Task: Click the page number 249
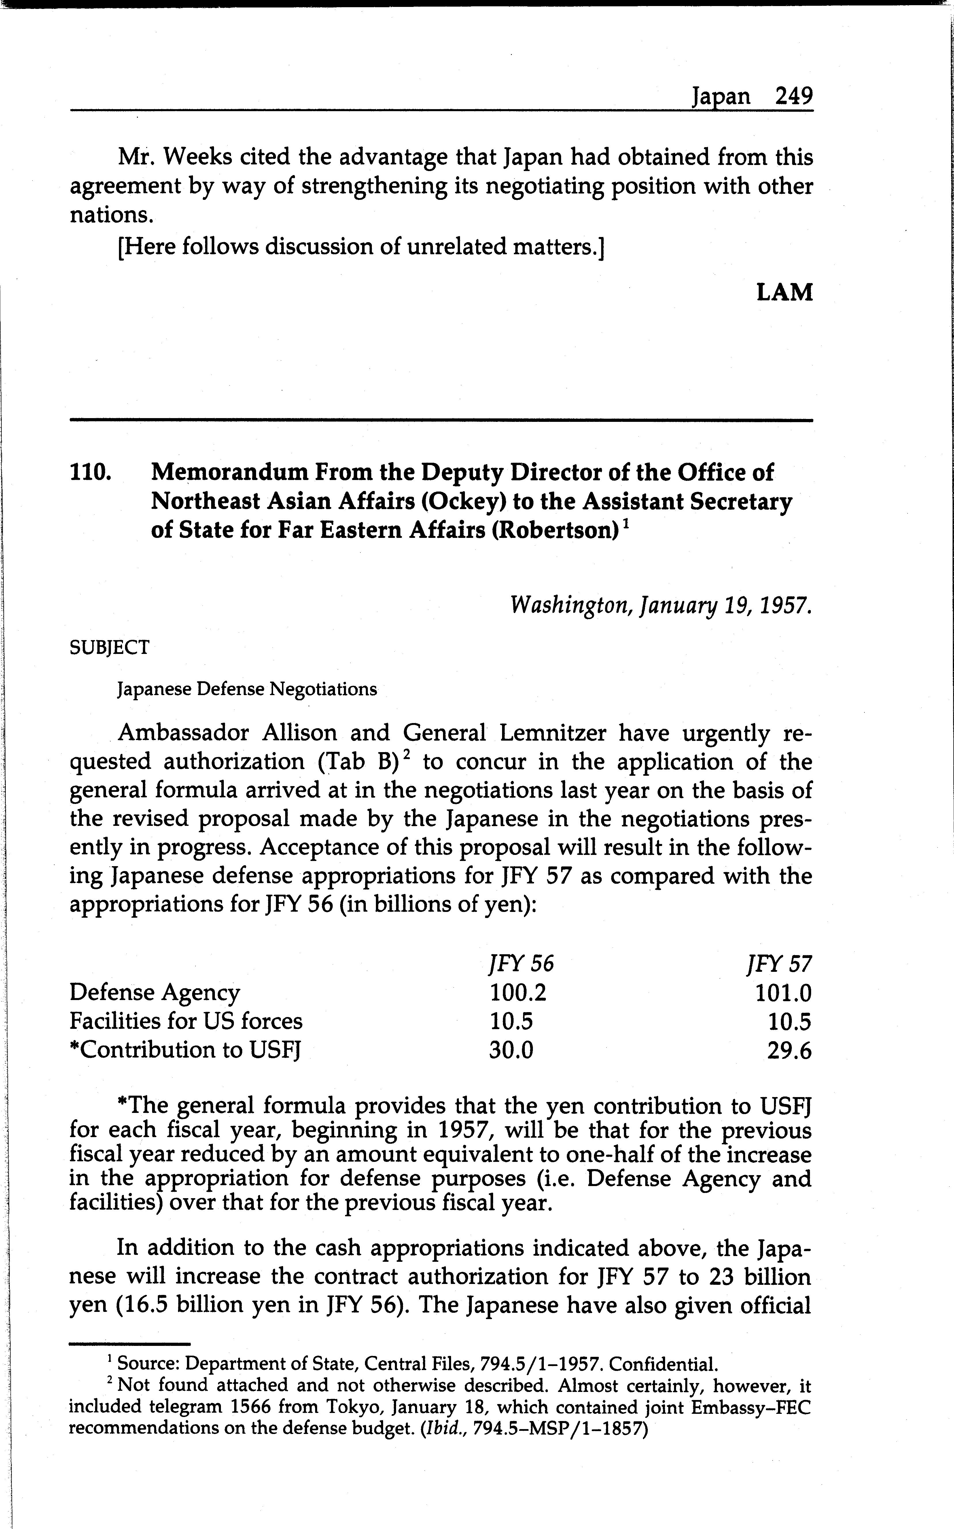(794, 96)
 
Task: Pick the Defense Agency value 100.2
(518, 993)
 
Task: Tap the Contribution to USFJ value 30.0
(511, 1050)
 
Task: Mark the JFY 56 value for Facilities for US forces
(511, 1021)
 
